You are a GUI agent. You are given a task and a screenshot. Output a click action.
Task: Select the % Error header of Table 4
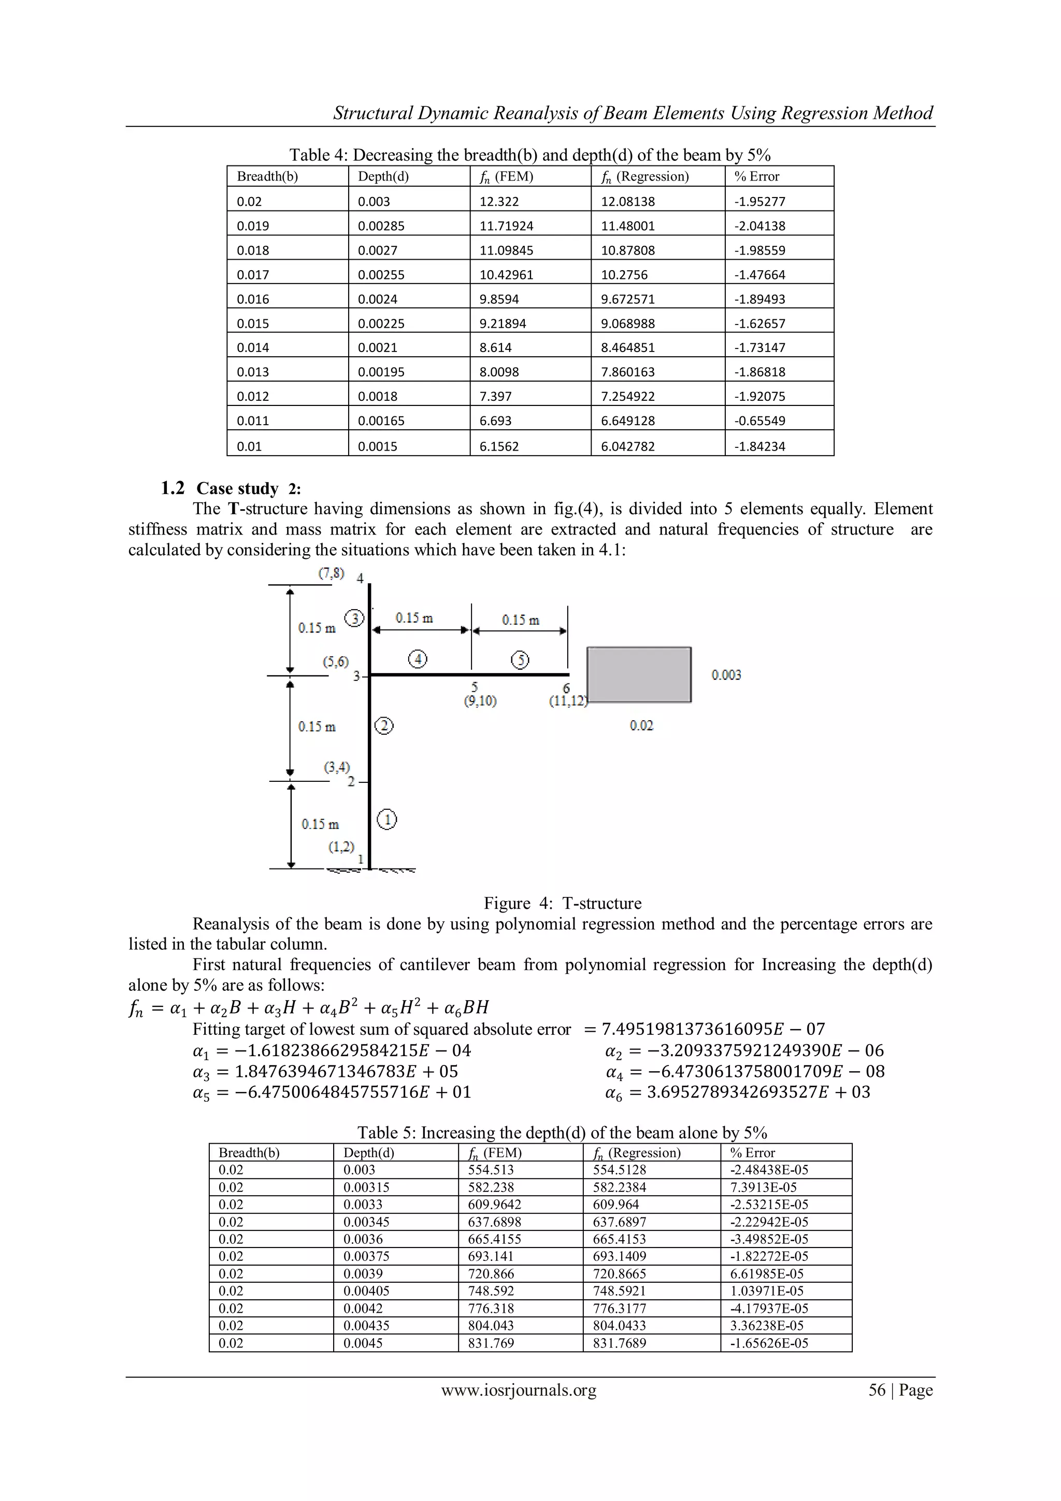(x=756, y=176)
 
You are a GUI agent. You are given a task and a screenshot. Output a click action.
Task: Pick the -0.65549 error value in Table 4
(x=759, y=421)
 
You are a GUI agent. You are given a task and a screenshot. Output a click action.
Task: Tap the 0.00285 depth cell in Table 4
(x=381, y=226)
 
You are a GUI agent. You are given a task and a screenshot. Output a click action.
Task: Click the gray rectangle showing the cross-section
(x=638, y=675)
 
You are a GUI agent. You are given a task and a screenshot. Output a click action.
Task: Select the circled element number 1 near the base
(x=387, y=819)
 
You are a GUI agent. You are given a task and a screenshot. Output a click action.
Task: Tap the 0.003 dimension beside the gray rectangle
(x=726, y=675)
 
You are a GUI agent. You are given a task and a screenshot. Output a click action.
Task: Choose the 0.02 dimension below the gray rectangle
(x=641, y=725)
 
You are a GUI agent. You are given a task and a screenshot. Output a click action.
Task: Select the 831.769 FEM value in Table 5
(x=491, y=1343)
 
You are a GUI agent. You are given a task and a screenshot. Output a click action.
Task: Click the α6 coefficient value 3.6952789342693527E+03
(x=758, y=1092)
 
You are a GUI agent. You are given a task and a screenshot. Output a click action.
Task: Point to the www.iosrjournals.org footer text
(x=519, y=1390)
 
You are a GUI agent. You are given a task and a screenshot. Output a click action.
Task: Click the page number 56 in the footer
(x=876, y=1390)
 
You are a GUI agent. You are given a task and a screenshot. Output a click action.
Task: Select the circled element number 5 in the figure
(x=520, y=660)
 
